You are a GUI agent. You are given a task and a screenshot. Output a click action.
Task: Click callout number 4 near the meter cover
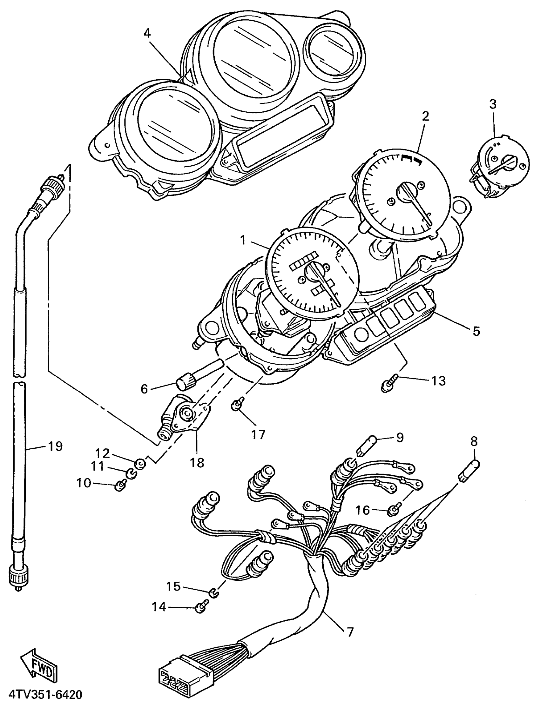tap(147, 34)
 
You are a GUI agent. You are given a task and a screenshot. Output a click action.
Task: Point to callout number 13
tap(438, 381)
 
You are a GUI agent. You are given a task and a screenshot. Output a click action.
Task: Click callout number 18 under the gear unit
tap(197, 463)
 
